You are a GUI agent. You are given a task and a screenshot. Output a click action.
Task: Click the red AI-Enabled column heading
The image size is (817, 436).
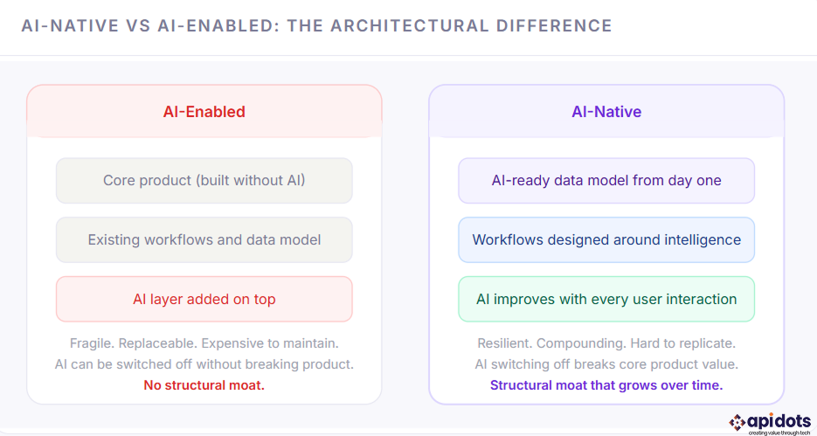click(204, 112)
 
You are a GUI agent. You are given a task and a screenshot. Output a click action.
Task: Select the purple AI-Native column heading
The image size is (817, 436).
click(606, 112)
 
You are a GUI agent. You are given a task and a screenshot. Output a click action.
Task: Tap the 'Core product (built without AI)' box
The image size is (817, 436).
click(204, 181)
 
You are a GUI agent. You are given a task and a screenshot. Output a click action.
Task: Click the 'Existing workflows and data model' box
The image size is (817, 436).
click(204, 239)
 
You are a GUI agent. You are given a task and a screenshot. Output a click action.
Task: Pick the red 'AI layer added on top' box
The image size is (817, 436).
click(204, 299)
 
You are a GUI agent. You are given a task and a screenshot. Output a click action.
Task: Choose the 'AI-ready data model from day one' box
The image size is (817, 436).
click(606, 181)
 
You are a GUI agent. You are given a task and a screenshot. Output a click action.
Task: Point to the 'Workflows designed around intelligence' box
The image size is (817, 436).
click(606, 239)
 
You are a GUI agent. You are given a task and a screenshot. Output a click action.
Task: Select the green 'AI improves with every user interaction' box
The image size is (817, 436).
click(606, 299)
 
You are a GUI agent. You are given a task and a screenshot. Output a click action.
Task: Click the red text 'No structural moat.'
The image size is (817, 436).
click(204, 385)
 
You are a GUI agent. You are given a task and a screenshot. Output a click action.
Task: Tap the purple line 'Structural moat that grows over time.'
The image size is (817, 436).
click(606, 385)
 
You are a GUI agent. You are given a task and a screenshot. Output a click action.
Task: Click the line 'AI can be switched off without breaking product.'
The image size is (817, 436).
click(204, 364)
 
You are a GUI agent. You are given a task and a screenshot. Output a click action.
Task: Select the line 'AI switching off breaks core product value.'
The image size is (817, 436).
click(606, 364)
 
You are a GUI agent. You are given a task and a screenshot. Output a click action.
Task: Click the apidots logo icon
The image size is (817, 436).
click(737, 422)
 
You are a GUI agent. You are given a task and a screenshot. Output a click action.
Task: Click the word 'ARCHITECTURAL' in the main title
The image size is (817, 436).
click(398, 26)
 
